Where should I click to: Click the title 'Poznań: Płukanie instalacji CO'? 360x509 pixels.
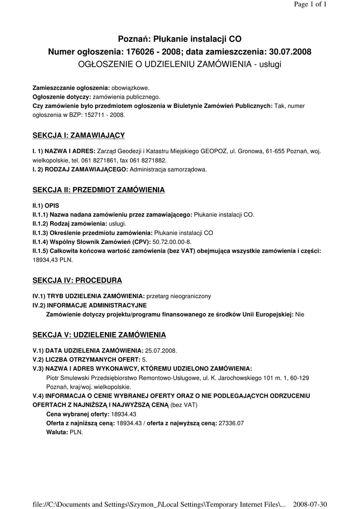point(180,39)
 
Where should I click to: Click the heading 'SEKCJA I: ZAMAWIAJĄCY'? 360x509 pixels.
point(79,135)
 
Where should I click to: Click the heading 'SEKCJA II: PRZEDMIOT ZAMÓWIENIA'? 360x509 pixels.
point(98,190)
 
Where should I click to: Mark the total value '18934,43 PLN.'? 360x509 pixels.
point(52,260)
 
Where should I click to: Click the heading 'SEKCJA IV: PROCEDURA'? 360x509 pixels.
point(77,280)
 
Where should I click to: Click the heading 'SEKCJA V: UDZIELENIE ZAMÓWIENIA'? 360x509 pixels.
point(99,335)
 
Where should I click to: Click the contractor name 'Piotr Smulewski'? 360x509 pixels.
point(68,378)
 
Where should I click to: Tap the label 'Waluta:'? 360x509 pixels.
point(57,432)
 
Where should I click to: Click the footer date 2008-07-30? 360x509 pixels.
point(310,503)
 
